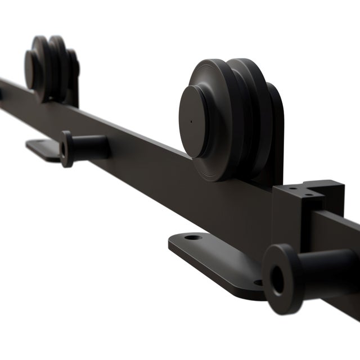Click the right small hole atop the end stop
click(309, 196)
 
